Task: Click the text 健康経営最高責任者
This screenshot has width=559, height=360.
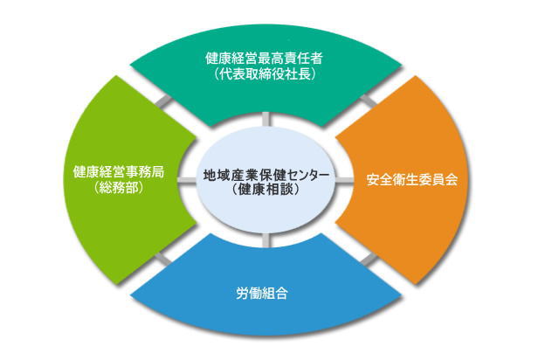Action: coord(264,59)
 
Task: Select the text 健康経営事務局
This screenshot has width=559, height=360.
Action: coord(119,172)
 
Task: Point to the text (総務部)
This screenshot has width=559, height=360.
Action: coord(119,188)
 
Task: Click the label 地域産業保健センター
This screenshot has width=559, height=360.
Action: coord(266,175)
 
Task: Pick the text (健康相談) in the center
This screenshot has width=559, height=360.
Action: coord(266,189)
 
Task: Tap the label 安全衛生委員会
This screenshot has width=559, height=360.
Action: coord(411,180)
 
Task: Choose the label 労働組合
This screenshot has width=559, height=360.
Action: coord(262,294)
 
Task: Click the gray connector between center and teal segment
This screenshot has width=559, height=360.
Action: coord(266,120)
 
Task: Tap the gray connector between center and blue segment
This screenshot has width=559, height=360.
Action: coord(266,239)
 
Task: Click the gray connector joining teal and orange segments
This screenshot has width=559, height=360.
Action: coord(369,100)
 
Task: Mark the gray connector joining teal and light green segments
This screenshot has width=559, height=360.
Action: coord(163,101)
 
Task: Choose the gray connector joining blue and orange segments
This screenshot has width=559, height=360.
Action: coord(369,260)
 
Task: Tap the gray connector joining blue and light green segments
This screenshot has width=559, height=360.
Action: coord(163,260)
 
